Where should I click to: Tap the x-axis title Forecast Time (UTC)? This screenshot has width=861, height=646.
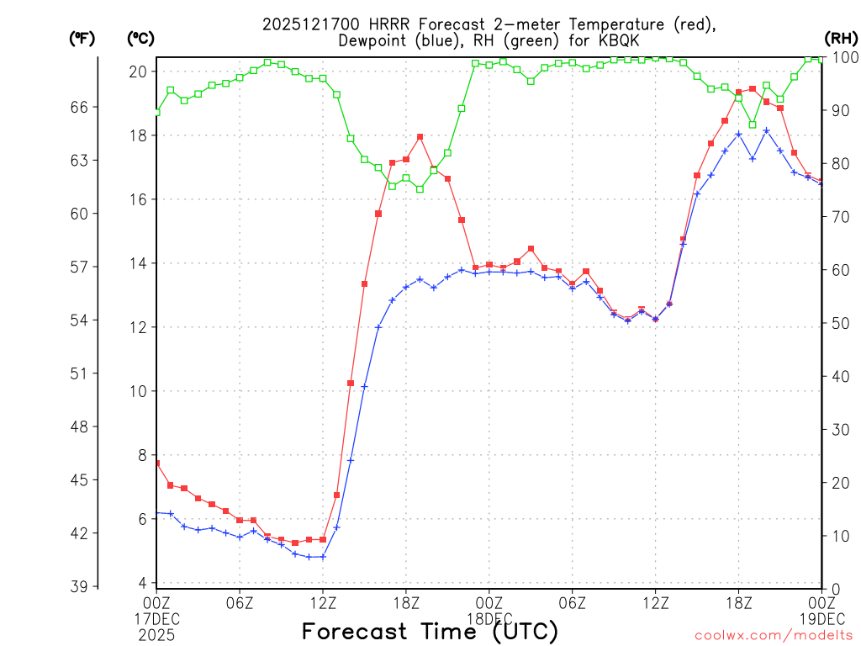pyautogui.click(x=430, y=631)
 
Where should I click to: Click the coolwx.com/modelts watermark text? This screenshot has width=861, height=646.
pyautogui.click(x=774, y=635)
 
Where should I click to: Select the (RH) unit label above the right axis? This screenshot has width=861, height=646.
pyautogui.click(x=840, y=38)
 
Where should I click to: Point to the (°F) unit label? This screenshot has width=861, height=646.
pyautogui.click(x=82, y=38)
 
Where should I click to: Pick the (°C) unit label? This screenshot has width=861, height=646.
pyautogui.click(x=140, y=38)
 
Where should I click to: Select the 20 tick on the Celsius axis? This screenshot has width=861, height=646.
pyautogui.click(x=138, y=71)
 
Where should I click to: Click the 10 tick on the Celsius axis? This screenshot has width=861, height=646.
pyautogui.click(x=138, y=391)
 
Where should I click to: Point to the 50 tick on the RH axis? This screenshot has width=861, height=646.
pyautogui.click(x=838, y=324)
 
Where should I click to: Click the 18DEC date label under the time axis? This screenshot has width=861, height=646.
pyautogui.click(x=489, y=618)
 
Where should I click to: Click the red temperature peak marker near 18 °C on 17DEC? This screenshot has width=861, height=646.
pyautogui.click(x=420, y=137)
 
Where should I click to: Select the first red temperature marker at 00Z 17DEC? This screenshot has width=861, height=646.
pyautogui.click(x=157, y=463)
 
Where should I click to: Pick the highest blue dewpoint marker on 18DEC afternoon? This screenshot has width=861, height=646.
pyautogui.click(x=766, y=130)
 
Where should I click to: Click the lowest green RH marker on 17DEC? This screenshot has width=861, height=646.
pyautogui.click(x=420, y=189)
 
